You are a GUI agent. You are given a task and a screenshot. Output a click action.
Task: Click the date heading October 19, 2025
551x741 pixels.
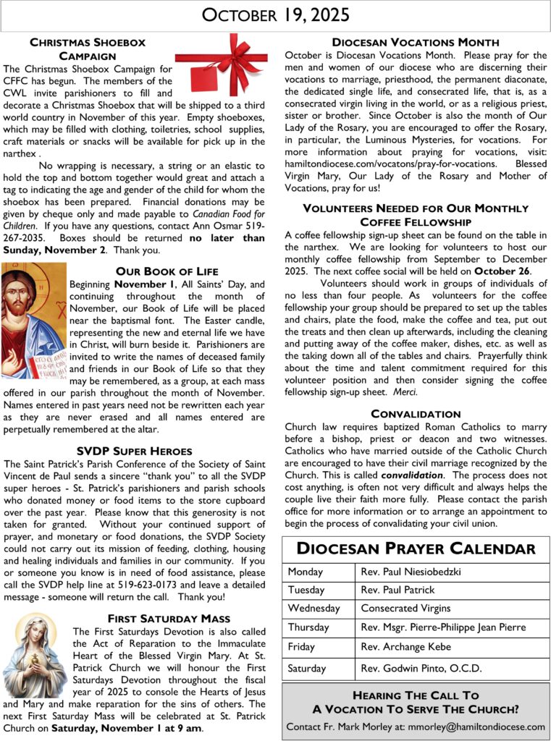(275, 15)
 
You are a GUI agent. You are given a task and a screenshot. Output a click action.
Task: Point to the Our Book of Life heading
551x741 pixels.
(166, 271)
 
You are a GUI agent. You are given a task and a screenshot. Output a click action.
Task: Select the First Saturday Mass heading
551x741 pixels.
(169, 618)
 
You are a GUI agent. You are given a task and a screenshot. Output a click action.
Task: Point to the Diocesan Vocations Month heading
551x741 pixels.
(415, 43)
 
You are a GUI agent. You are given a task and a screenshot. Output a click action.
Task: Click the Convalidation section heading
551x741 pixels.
(416, 414)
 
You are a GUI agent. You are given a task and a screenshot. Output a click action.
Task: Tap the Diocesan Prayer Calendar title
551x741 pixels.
(416, 549)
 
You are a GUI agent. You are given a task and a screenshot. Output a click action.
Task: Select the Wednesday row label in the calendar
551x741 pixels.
(313, 608)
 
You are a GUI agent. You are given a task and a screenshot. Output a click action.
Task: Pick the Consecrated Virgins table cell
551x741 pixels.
(405, 608)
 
